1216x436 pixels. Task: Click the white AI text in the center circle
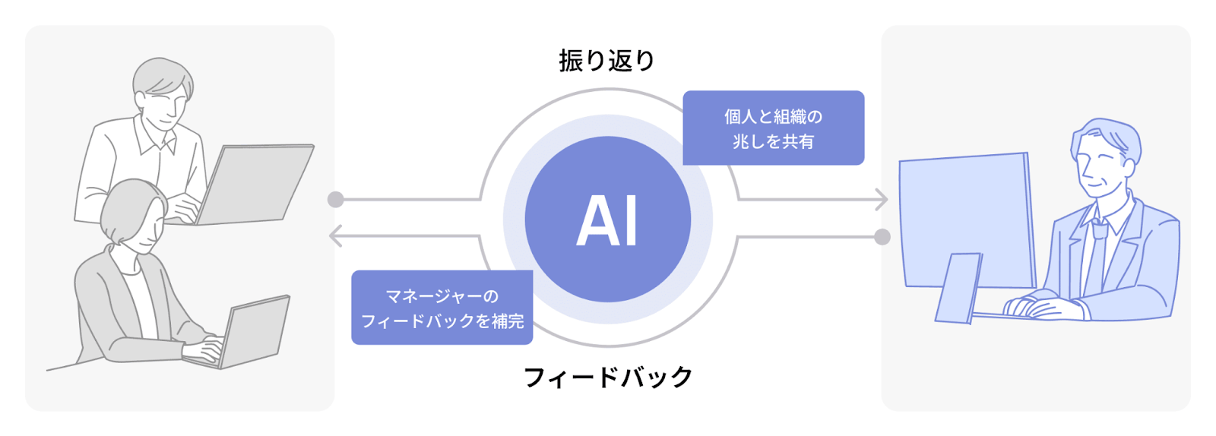point(607,220)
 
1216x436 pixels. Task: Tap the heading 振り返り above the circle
point(606,61)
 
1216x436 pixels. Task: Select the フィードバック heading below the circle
point(608,377)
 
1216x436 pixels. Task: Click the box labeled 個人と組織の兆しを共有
point(773,128)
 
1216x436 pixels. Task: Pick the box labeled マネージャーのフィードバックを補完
point(442,308)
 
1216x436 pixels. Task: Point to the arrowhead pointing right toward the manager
point(882,200)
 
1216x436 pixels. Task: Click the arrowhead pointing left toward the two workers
point(335,236)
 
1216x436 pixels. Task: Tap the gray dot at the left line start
point(335,200)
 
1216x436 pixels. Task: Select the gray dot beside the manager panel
point(882,237)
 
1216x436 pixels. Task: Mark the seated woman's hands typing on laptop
point(204,349)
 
